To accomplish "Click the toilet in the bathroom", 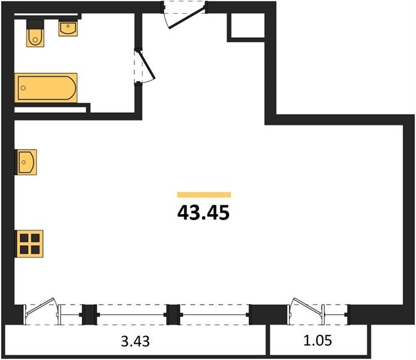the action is click(x=35, y=33).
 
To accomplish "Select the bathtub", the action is click(x=46, y=88).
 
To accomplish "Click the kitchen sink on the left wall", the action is click(x=27, y=162).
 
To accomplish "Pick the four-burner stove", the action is click(x=30, y=244).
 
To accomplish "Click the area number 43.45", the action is click(x=203, y=213).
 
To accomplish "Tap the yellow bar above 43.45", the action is click(x=204, y=195).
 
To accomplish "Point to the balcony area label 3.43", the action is click(x=135, y=341).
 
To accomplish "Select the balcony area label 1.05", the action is click(x=318, y=341).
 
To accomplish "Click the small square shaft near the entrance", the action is click(x=248, y=25).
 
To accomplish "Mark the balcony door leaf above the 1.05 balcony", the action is click(x=308, y=307).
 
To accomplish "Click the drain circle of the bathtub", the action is click(x=23, y=88).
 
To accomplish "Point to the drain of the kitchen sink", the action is click(x=24, y=162).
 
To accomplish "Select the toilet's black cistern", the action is click(x=35, y=24).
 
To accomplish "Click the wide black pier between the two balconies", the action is click(x=269, y=315).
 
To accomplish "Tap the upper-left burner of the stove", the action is click(x=24, y=238).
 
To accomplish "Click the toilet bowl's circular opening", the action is click(x=35, y=40).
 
